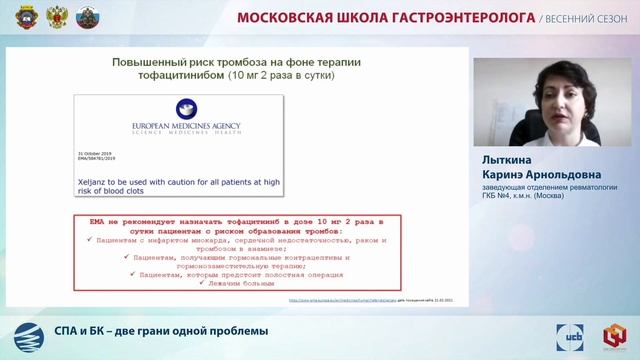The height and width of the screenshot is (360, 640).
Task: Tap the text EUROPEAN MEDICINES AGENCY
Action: click(187, 127)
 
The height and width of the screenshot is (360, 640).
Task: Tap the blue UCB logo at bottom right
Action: click(578, 334)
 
